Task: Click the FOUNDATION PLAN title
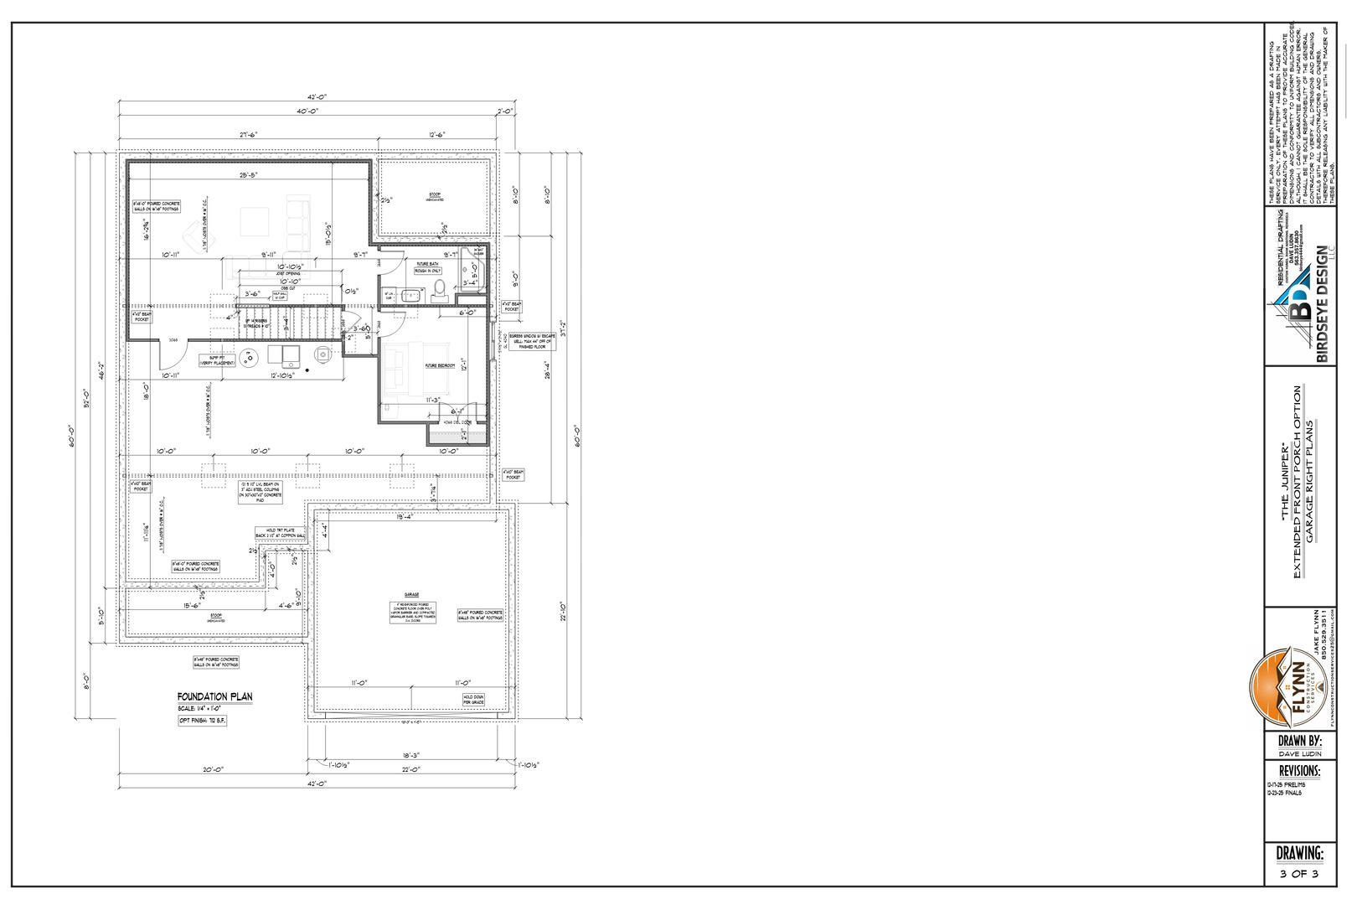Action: tap(214, 696)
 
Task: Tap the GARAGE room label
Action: tap(411, 594)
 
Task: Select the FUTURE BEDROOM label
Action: tap(439, 366)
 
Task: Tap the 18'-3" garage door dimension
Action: tap(410, 755)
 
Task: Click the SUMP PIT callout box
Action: tap(215, 359)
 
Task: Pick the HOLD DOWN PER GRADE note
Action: tap(473, 699)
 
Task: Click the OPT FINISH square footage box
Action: tap(203, 721)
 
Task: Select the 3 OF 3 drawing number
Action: tap(1298, 874)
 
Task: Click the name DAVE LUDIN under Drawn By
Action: tap(1299, 754)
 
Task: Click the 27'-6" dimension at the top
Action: tap(249, 134)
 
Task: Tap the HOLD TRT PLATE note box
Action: tap(281, 533)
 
